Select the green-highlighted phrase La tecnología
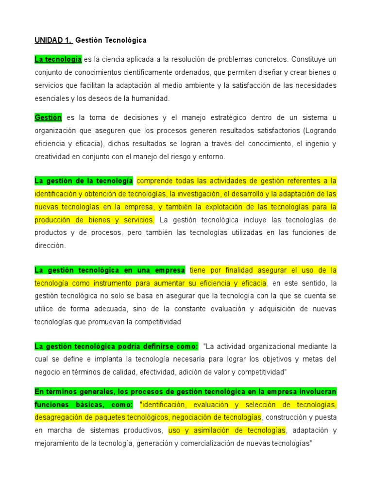58,59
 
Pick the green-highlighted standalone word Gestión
48,118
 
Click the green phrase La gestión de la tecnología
84,181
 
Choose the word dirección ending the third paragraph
49,246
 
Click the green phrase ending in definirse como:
117,347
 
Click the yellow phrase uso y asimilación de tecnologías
227,430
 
